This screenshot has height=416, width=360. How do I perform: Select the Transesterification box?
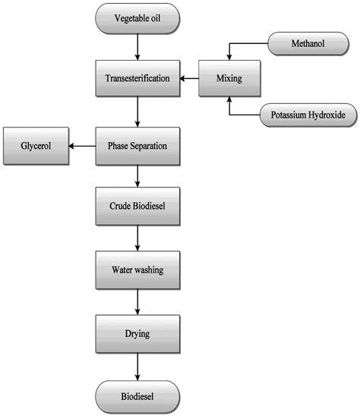(x=137, y=77)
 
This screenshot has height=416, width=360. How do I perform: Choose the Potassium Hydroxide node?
(x=303, y=116)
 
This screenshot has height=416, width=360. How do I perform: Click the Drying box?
(x=137, y=332)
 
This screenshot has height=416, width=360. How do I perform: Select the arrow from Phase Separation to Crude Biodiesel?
(x=137, y=175)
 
